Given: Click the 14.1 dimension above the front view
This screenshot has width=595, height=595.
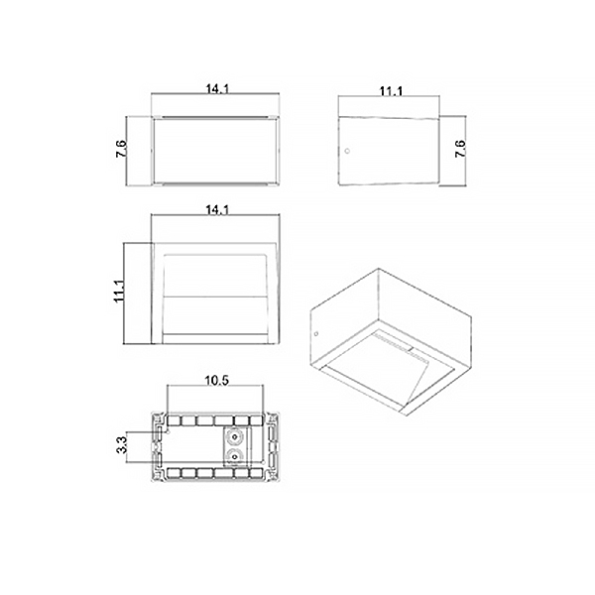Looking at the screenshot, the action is (217, 89).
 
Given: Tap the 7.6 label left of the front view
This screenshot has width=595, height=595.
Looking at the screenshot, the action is (122, 149).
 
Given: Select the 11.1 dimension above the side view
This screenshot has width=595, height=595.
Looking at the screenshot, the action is (392, 91).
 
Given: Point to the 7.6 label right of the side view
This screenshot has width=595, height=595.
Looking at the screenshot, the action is (460, 149).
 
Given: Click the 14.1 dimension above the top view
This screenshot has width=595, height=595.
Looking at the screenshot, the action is (217, 210).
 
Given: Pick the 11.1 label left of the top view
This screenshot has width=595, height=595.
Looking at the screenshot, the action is (119, 291).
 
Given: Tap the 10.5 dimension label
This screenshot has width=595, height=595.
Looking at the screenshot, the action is (217, 380).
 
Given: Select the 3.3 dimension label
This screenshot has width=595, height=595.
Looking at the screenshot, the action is (122, 444).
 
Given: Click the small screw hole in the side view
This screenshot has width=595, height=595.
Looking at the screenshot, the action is (347, 151).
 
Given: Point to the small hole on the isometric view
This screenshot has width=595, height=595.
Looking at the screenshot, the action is (316, 334).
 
